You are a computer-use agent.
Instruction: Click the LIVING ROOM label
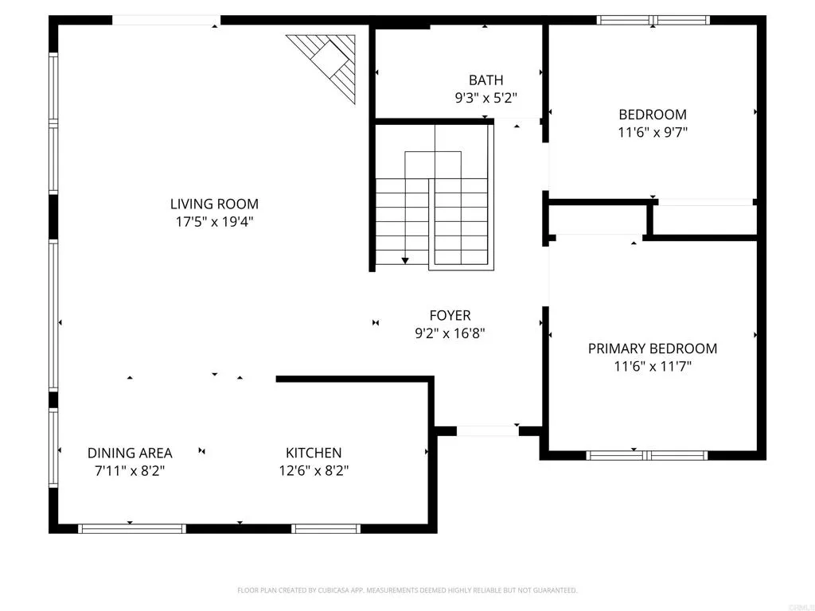tap(214, 204)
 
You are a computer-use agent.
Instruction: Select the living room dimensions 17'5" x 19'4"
tap(214, 223)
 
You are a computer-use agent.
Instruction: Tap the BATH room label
tap(485, 80)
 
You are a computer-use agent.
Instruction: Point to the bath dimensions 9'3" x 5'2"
tap(485, 99)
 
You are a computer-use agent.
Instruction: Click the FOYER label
tap(450, 316)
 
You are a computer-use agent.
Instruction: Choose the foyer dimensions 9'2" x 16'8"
tap(450, 334)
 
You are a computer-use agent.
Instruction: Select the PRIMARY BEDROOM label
tap(653, 348)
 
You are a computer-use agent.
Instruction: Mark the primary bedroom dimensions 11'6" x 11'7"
tap(653, 367)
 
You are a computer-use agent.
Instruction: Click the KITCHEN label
tap(314, 453)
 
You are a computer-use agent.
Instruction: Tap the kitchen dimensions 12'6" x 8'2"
tap(314, 470)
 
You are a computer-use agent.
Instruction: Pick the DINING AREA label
tap(130, 453)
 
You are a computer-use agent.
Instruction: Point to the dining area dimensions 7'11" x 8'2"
tap(130, 470)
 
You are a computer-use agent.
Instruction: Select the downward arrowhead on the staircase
tap(405, 259)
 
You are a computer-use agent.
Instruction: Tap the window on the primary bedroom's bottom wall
tap(646, 456)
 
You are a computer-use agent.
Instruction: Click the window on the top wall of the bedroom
tap(652, 21)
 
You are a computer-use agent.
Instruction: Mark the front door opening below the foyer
tap(487, 431)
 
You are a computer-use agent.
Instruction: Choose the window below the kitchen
tap(326, 528)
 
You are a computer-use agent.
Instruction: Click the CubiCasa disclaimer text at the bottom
tap(407, 590)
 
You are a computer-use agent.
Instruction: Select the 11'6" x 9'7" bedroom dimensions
tap(653, 132)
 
